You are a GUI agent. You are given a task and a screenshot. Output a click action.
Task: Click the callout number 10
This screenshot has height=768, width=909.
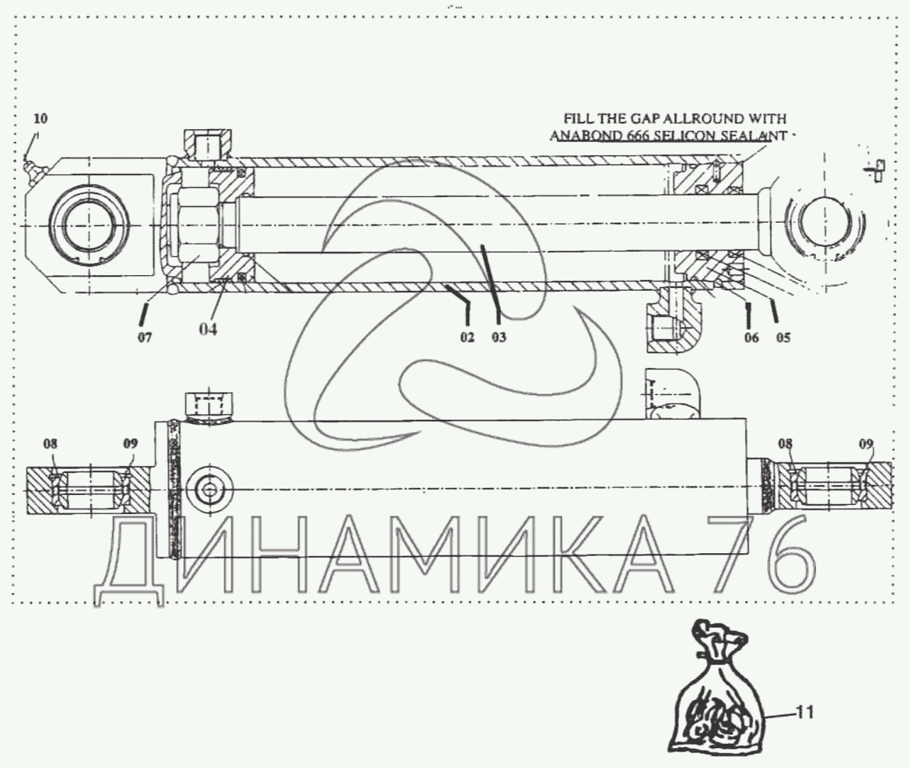coord(40,118)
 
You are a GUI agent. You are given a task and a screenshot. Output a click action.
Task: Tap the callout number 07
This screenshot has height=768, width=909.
coord(145,338)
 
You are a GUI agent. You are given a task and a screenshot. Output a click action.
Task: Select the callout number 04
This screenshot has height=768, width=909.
coord(208,329)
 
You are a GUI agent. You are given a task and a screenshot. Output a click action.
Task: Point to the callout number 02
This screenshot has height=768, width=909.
coord(468,337)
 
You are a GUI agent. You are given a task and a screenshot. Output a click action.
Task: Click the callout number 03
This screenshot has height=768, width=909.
coord(499,337)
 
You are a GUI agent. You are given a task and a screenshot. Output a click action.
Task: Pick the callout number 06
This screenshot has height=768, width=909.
coord(751,338)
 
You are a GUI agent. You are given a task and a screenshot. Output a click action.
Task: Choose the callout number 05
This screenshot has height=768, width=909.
coord(783,338)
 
